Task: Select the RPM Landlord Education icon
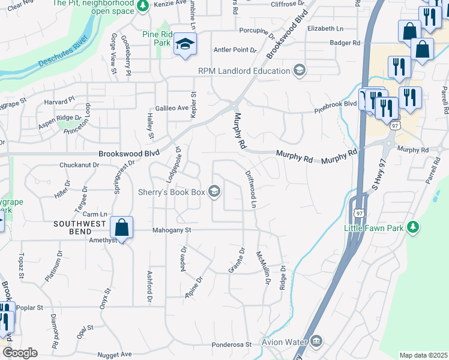(x=298, y=71)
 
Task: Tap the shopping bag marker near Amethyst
(x=121, y=228)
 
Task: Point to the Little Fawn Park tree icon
(x=412, y=227)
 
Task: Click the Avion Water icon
(x=316, y=342)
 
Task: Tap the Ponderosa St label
(x=231, y=345)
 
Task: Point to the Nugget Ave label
(x=114, y=355)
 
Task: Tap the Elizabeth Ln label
(x=325, y=28)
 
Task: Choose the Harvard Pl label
(x=59, y=101)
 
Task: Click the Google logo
(x=19, y=353)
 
